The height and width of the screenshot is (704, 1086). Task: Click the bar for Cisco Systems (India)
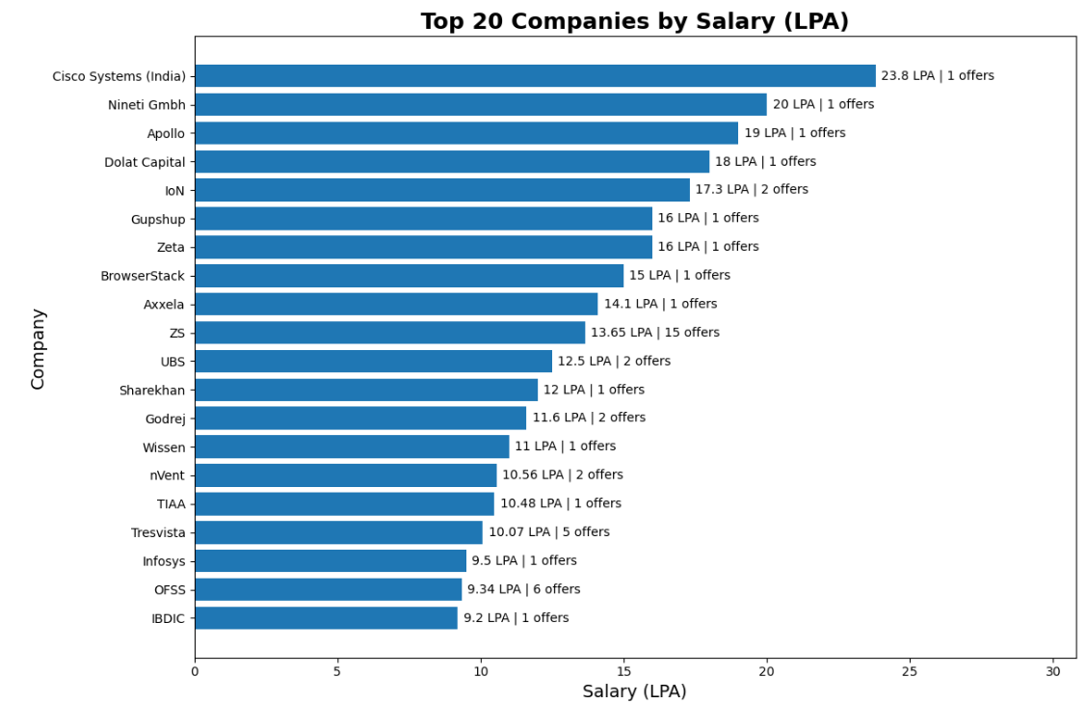pyautogui.click(x=535, y=76)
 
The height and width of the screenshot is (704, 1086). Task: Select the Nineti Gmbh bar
pyautogui.click(x=480, y=104)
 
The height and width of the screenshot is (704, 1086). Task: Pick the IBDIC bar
pyautogui.click(x=326, y=618)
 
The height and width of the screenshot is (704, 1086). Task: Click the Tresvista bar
pyautogui.click(x=338, y=532)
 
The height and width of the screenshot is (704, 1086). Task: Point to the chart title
pyautogui.click(x=634, y=21)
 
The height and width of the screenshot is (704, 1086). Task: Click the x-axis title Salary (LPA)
pyautogui.click(x=634, y=691)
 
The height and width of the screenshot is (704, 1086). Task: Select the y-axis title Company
pyautogui.click(x=39, y=348)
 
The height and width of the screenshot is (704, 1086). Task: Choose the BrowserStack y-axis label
pyautogui.click(x=143, y=276)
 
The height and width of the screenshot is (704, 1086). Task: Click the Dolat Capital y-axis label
pyautogui.click(x=145, y=162)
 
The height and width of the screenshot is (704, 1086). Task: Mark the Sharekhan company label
pyautogui.click(x=152, y=391)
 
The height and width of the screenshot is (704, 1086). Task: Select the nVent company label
pyautogui.click(x=167, y=475)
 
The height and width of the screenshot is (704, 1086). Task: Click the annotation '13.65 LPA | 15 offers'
pyautogui.click(x=655, y=333)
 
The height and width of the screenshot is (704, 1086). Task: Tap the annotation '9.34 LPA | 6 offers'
pyautogui.click(x=523, y=589)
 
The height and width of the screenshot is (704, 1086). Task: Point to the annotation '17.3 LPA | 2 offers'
pyautogui.click(x=752, y=190)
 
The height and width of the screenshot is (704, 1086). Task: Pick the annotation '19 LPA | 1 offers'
pyautogui.click(x=794, y=133)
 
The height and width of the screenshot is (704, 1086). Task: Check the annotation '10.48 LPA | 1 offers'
pyautogui.click(x=561, y=503)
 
